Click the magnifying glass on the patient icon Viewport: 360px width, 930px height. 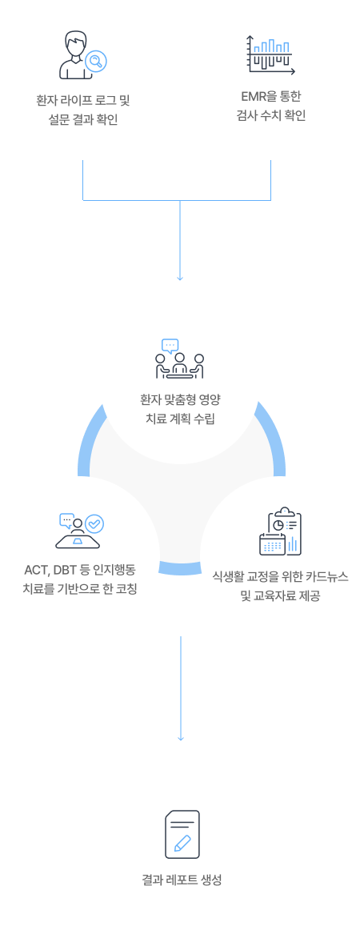pyautogui.click(x=96, y=60)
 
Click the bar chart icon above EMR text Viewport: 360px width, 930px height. pyautogui.click(x=271, y=54)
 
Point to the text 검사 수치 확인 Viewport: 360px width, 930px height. pyautogui.click(x=270, y=116)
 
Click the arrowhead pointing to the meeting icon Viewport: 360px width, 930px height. pyautogui.click(x=180, y=277)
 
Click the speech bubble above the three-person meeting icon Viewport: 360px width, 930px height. pyautogui.click(x=170, y=345)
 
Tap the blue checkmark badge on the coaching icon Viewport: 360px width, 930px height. pyautogui.click(x=95, y=523)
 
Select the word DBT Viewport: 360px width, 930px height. pyautogui.click(x=64, y=571)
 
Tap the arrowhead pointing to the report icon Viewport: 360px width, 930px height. pyautogui.click(x=180, y=738)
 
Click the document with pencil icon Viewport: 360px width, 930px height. pyautogui.click(x=182, y=834)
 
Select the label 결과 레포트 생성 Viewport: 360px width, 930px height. pyautogui.click(x=182, y=880)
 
